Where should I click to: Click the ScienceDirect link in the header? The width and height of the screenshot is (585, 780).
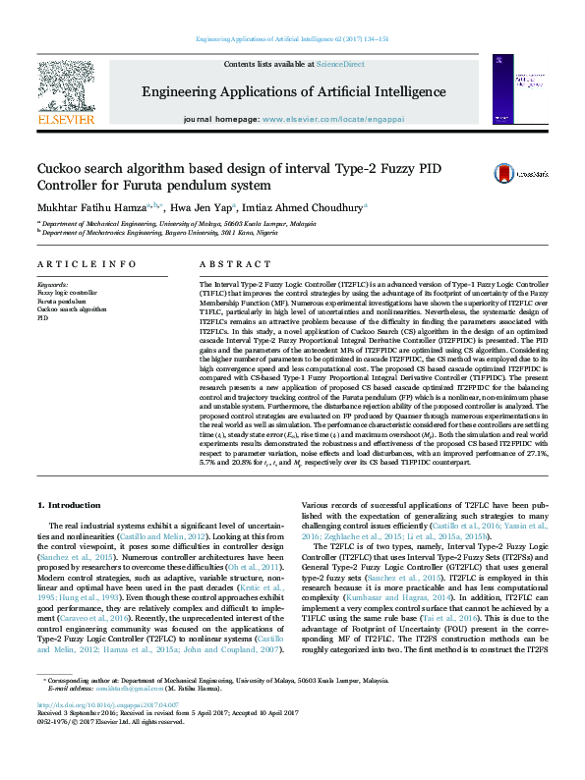coord(341,64)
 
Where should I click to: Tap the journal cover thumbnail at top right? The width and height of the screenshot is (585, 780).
coord(520,89)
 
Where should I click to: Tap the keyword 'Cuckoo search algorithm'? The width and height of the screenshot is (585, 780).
coord(71,309)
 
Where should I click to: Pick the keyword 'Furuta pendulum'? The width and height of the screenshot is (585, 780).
coord(60,301)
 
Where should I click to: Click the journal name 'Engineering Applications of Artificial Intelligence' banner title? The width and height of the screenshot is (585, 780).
coord(293,92)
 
